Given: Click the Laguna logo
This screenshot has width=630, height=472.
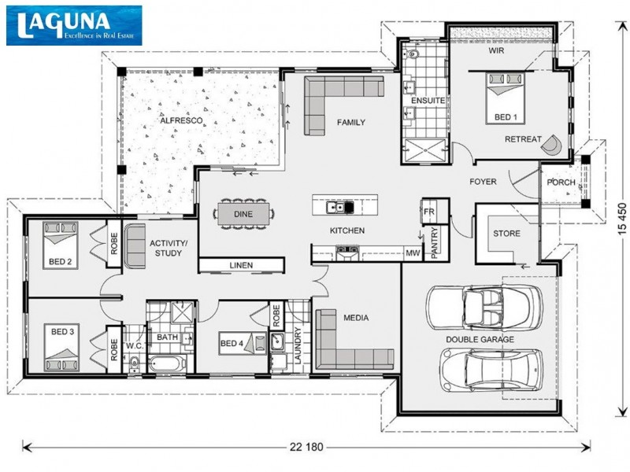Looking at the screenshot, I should pos(74,24).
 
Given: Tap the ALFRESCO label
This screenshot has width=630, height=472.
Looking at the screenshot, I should pos(182,120).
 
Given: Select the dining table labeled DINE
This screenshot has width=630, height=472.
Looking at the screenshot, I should pos(243,213).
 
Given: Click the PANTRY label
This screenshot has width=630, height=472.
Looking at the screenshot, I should pos(433,242).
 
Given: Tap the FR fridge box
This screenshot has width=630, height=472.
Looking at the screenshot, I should pos(429,212).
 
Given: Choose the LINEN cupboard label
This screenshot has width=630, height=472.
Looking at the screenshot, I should pos(241,266).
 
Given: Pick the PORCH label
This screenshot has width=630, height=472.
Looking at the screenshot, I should pos(561,183).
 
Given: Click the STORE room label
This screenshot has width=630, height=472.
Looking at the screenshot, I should pos(506,234).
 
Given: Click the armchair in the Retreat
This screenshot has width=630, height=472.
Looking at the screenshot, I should pos(554,145).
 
